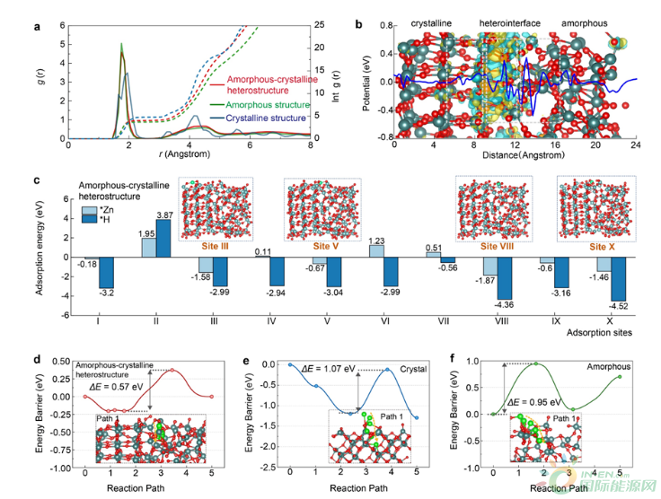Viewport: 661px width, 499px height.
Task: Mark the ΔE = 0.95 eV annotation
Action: [x=535, y=402]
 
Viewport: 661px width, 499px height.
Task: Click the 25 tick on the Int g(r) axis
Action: [x=322, y=24]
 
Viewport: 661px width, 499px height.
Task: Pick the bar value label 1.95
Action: [x=148, y=233]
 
